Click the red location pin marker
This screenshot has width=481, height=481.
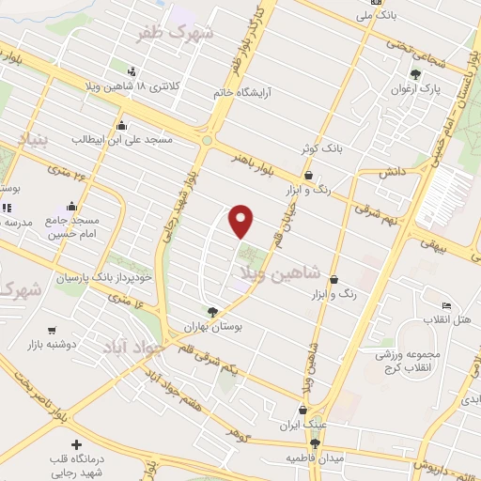[242, 221]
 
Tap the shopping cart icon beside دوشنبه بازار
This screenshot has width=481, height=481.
[51, 331]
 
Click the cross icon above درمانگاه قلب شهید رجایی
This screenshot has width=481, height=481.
[76, 443]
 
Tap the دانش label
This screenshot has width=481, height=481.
[392, 173]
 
